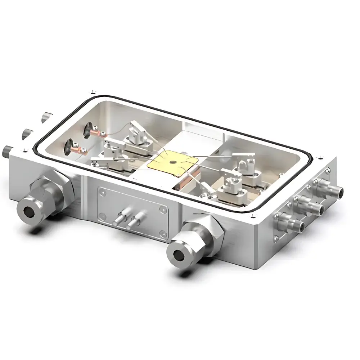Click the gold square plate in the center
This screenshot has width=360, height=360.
(x=172, y=163)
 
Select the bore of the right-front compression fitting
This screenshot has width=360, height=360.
(x=177, y=256)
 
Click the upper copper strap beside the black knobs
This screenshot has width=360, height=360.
(x=98, y=134)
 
